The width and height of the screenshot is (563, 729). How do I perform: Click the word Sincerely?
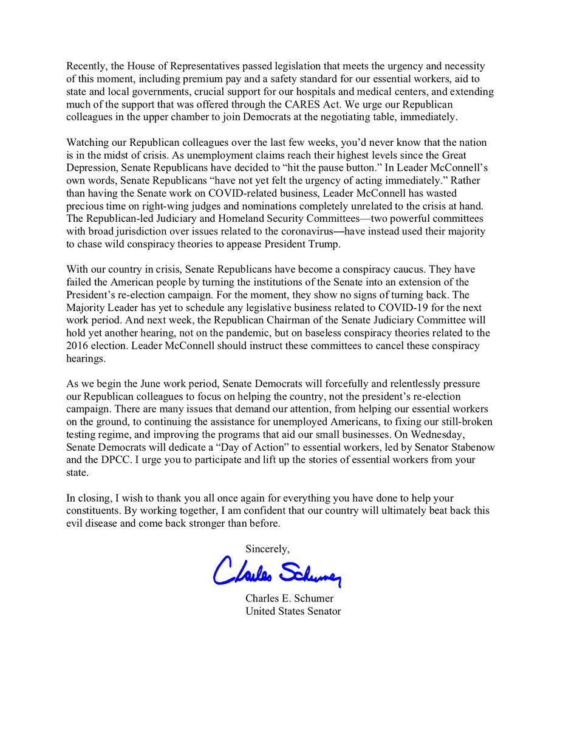click(x=268, y=548)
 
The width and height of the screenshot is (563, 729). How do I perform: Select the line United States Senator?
click(x=293, y=611)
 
